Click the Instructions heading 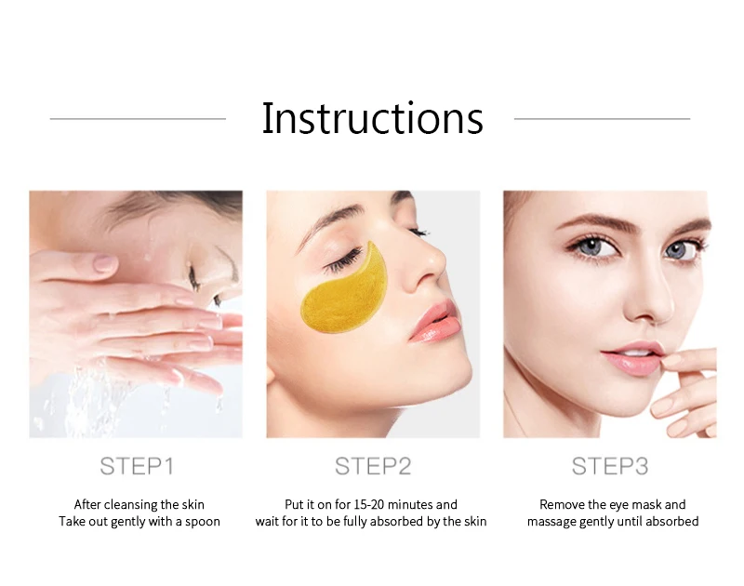pos(372,119)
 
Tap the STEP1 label pos(137,466)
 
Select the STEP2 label pos(373,466)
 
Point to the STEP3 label pos(609,466)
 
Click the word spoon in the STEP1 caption pos(202,522)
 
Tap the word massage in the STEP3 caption pos(552,522)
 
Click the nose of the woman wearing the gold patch pos(430,265)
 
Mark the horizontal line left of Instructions pos(138,119)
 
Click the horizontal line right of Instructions pos(602,119)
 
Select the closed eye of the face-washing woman pos(194,276)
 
